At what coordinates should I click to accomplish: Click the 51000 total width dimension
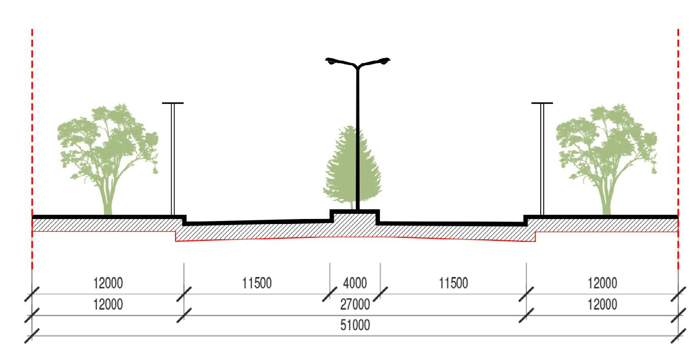355,325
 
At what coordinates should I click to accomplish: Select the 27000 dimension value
355,304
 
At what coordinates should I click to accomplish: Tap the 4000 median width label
355,283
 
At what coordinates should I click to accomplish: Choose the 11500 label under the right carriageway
453,283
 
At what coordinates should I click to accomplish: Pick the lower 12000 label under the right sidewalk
602,304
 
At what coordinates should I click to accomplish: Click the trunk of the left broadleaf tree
107,201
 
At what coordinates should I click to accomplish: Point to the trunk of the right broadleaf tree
606,201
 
